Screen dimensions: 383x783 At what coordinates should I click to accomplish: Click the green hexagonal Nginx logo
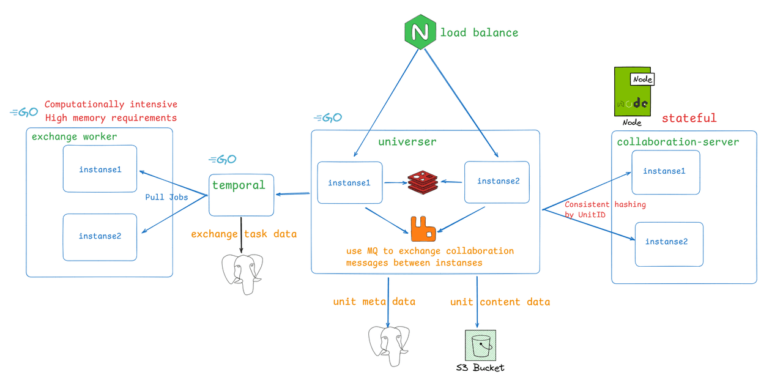[x=420, y=31]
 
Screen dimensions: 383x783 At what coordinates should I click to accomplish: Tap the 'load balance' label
[x=479, y=32]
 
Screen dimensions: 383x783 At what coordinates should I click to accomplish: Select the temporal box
[x=241, y=195]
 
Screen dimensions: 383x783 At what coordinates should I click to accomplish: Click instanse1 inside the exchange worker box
[x=100, y=169]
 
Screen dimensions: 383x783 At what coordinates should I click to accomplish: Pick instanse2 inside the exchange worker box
[x=100, y=236]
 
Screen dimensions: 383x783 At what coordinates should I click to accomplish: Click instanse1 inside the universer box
[x=349, y=182]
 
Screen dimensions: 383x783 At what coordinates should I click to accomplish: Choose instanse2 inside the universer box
[x=497, y=181]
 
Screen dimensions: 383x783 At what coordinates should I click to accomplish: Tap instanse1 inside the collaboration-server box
[x=665, y=172]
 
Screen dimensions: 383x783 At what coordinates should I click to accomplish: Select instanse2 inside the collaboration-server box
[x=669, y=242]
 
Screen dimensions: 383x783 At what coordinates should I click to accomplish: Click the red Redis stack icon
[x=423, y=182]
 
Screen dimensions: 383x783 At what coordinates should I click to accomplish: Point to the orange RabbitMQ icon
[x=423, y=229]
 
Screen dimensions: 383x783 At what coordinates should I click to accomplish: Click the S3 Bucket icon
[x=480, y=346]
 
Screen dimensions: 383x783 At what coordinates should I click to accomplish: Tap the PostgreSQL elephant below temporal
[x=242, y=273]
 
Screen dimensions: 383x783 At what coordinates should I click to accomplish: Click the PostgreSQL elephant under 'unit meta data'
[x=388, y=344]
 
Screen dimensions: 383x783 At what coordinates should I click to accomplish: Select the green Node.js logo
[x=633, y=92]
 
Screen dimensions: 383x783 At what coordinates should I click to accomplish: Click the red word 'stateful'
[x=689, y=118]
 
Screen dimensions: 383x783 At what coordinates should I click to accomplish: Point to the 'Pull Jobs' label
[x=166, y=197]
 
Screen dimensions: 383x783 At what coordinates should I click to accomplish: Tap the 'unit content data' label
[x=500, y=302]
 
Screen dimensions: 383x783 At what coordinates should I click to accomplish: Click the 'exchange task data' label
[x=243, y=234]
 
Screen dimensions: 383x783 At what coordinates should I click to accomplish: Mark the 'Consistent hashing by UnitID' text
[x=604, y=209]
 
